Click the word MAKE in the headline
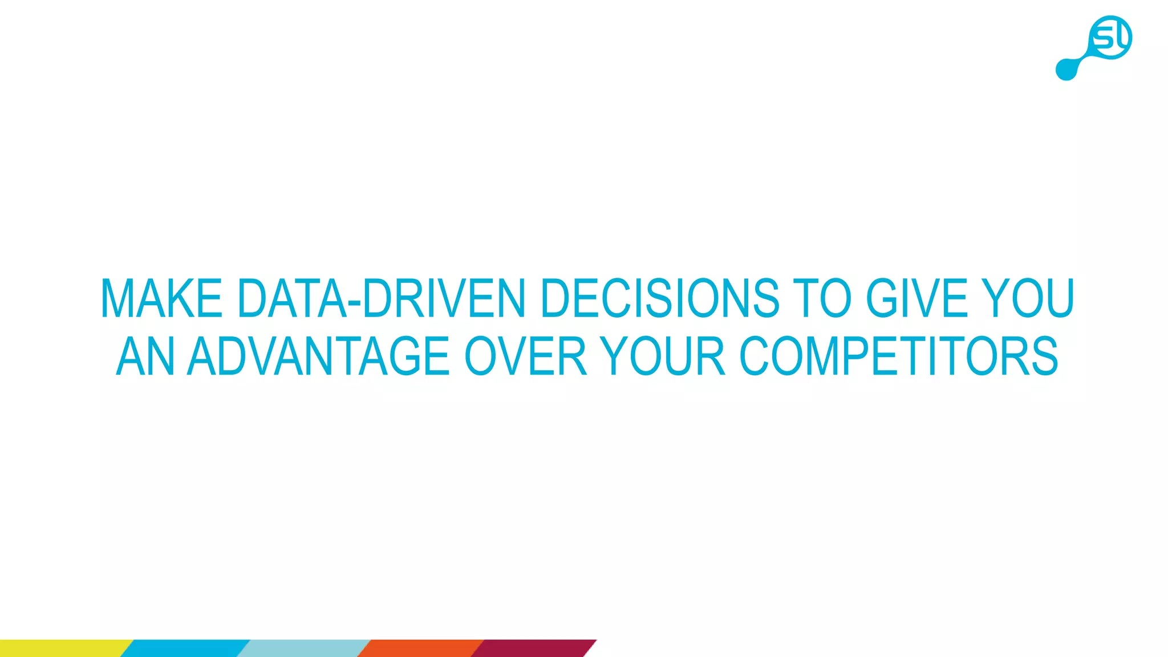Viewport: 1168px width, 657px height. pos(161,298)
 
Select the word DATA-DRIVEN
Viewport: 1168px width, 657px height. pos(381,298)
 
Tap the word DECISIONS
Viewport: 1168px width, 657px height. pos(659,298)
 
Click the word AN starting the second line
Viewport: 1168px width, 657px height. pos(145,356)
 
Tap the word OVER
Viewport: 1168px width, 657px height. pos(526,356)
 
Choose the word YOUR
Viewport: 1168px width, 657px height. pos(663,356)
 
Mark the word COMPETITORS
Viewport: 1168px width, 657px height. pos(899,356)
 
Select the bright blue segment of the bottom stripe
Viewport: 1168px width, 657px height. pos(185,648)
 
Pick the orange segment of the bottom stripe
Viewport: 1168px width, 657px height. pos(421,648)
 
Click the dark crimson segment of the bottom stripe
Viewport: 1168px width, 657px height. pos(533,648)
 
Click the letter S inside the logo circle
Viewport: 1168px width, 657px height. pos(1104,39)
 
